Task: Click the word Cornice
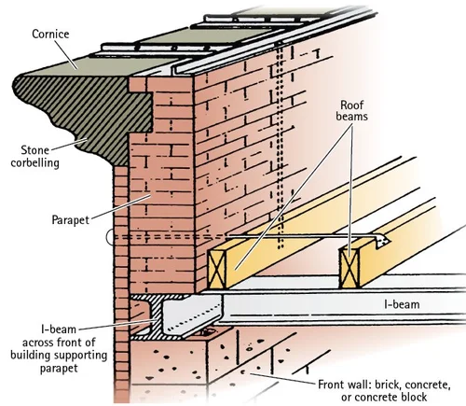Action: pyautogui.click(x=50, y=34)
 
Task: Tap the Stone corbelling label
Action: pyautogui.click(x=35, y=157)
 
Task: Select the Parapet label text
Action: pyautogui.click(x=71, y=220)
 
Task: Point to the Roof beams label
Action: pyautogui.click(x=351, y=110)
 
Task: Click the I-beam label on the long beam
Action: pyautogui.click(x=402, y=304)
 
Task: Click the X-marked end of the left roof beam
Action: pyautogui.click(x=216, y=268)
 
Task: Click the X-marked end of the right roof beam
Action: pyautogui.click(x=349, y=268)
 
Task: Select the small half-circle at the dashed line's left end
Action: pyautogui.click(x=109, y=237)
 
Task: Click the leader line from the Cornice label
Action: pyautogui.click(x=66, y=55)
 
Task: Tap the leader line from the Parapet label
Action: pyautogui.click(x=121, y=206)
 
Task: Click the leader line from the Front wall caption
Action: pyautogui.click(x=282, y=379)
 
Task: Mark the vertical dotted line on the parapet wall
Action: pyautogui.click(x=281, y=147)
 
